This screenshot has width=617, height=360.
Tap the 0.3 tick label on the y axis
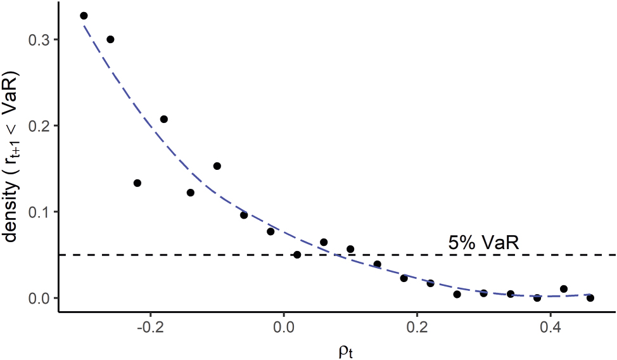(x=40, y=40)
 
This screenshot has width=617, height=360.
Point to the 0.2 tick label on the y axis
(x=40, y=126)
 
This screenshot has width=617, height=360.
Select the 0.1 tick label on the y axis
(x=40, y=212)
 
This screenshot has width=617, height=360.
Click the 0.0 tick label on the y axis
(x=40, y=298)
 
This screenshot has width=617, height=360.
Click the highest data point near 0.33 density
(x=84, y=16)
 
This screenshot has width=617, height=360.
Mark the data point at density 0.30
(x=110, y=39)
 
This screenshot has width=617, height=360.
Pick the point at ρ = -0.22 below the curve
(x=137, y=183)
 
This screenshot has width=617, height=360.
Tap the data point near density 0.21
(x=163, y=119)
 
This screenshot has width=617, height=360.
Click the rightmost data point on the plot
(x=590, y=298)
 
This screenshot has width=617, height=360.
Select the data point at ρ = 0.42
(x=564, y=289)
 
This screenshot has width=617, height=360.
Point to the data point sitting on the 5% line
(x=297, y=255)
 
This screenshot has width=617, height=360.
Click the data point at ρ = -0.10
(x=217, y=166)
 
